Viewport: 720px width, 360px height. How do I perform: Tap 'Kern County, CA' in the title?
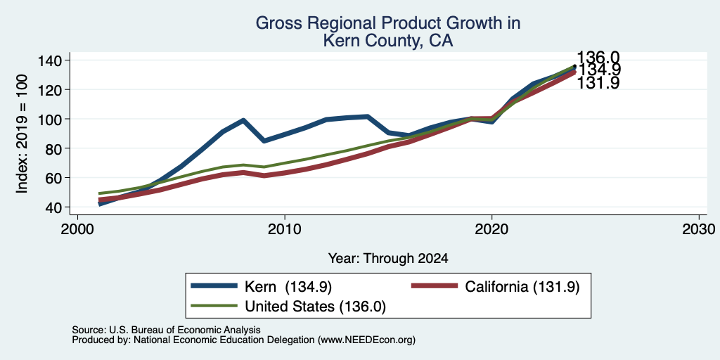388,41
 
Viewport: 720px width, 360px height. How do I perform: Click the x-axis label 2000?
77,229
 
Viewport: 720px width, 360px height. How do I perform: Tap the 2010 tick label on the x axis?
285,229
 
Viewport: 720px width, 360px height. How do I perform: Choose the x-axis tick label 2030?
699,229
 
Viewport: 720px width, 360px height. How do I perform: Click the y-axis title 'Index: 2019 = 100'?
22,134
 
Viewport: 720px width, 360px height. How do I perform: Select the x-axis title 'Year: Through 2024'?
388,259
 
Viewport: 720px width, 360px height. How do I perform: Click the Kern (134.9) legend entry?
262,287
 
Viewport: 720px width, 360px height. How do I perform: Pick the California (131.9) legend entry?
496,287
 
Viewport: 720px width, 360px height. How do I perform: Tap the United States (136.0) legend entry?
288,307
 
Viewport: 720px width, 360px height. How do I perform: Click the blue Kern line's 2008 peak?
243,120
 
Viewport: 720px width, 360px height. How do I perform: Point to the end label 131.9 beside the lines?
598,83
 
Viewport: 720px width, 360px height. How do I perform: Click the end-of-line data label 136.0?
598,58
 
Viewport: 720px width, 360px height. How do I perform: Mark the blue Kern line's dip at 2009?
264,141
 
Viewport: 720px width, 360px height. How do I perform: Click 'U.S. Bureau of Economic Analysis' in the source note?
185,330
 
